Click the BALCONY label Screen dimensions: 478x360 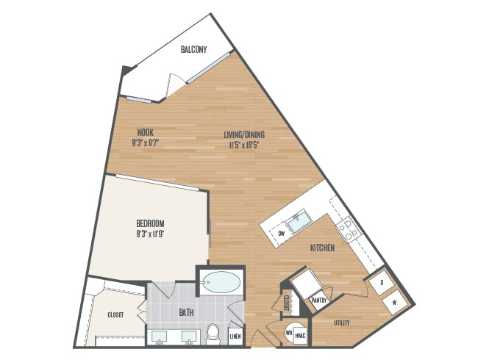click(x=193, y=49)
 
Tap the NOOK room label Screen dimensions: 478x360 click(x=146, y=133)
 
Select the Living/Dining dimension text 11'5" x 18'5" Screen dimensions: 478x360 click(x=244, y=145)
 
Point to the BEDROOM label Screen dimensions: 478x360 click(x=150, y=223)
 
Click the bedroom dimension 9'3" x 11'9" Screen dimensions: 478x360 click(x=150, y=234)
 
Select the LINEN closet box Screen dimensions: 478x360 click(x=235, y=336)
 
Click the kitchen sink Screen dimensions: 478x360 click(x=300, y=221)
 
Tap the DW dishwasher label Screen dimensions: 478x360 click(x=282, y=234)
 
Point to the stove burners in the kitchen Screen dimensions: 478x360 click(x=349, y=229)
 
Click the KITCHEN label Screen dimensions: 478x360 click(x=322, y=248)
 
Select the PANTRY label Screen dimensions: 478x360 click(x=319, y=300)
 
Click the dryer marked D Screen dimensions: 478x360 click(x=381, y=283)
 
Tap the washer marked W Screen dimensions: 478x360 click(x=394, y=303)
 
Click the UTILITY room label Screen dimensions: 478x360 click(x=342, y=323)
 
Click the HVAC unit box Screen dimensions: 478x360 click(x=300, y=335)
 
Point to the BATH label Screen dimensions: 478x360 click(x=186, y=312)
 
